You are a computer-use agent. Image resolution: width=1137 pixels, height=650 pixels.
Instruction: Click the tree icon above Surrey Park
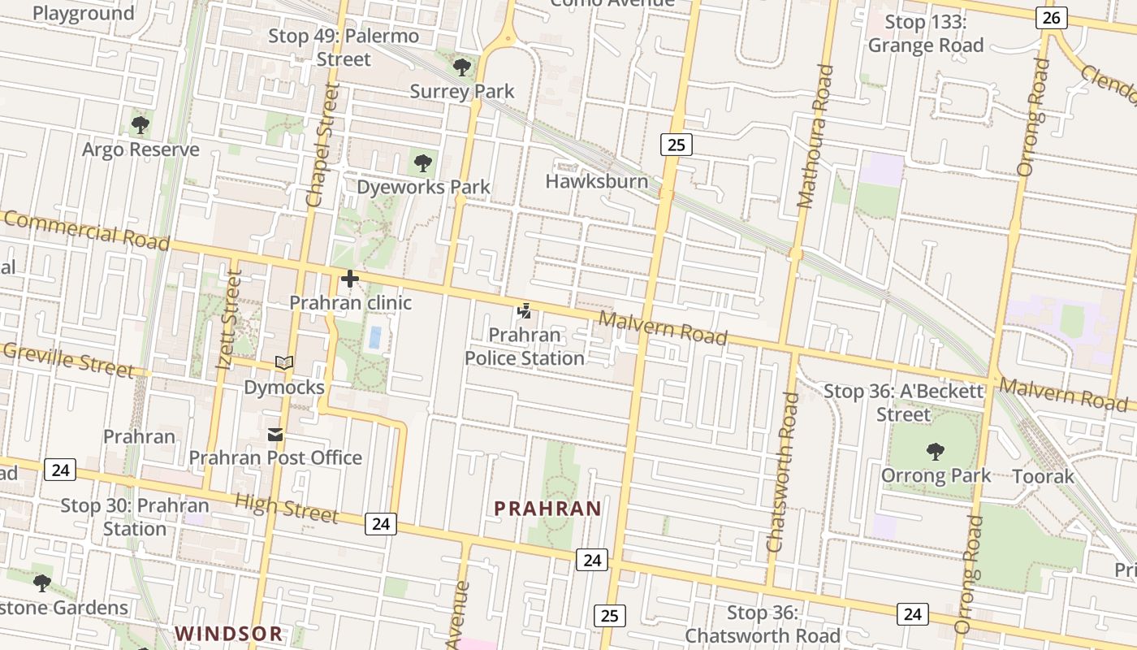462,67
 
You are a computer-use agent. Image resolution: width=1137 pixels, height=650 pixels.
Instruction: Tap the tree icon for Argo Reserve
141,125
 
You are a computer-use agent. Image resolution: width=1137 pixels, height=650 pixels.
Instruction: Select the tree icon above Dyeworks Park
422,163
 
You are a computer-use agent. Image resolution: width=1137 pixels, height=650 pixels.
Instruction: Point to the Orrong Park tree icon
936,452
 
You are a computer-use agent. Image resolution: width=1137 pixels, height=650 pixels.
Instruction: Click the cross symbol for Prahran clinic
350,279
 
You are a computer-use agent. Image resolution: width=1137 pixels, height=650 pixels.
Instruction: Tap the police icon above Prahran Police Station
525,310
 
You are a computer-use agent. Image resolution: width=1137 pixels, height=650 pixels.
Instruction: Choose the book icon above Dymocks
284,363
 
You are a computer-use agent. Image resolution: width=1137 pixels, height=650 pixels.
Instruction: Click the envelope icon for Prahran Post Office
275,435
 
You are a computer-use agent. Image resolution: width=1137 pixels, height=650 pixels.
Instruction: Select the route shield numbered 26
1051,17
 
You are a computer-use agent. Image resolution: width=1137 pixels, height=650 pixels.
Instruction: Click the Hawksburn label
597,180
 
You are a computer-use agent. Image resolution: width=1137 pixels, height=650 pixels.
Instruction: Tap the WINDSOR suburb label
229,633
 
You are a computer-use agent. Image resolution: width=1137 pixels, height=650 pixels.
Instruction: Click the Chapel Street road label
320,145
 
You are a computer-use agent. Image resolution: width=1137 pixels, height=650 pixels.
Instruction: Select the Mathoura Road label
815,136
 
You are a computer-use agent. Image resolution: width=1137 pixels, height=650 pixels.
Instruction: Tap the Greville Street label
68,359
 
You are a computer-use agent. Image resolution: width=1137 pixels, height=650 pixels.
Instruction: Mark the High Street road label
286,508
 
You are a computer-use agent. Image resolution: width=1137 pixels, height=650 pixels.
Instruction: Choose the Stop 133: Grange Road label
926,33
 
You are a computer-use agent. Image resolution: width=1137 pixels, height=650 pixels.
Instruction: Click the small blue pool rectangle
374,337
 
